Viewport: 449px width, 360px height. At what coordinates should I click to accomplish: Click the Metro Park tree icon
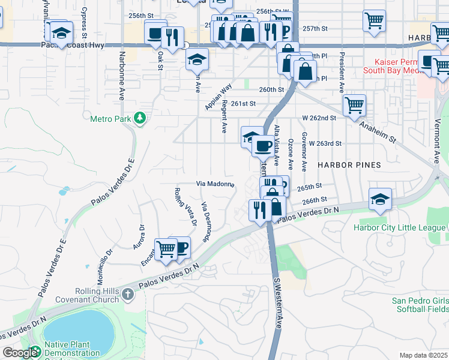[x=140, y=118]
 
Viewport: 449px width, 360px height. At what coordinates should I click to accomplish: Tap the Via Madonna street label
[x=215, y=184]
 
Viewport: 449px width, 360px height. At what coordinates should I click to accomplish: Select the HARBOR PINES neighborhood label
[x=349, y=165]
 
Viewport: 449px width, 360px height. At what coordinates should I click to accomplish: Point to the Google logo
[x=20, y=353]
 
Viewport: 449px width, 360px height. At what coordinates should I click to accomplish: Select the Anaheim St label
[x=378, y=130]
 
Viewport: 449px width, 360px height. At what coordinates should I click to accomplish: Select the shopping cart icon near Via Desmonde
[x=166, y=248]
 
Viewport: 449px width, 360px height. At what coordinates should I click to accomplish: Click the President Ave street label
[x=342, y=71]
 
